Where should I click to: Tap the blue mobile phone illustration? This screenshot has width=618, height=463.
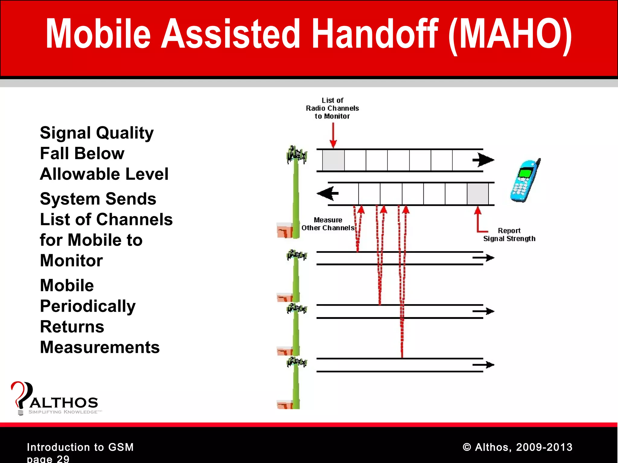525,181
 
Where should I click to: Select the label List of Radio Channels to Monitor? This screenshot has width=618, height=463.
332,108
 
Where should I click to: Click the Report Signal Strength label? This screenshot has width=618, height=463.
509,235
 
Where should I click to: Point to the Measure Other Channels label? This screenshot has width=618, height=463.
328,224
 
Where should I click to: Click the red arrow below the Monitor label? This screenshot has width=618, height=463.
333,136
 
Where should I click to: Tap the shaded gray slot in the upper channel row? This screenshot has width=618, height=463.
333,160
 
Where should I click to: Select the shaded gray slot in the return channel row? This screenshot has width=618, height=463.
478,194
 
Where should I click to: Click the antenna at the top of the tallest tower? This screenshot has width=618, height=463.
296,155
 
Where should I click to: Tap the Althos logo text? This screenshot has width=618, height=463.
64,403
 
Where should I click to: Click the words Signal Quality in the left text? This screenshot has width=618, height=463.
97,133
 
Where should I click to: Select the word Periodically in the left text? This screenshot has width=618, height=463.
88,306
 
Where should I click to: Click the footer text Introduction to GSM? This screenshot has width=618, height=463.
80,447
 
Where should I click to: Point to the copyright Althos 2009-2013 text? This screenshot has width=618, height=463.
517,447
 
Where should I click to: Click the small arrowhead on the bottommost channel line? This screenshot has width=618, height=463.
489,365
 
